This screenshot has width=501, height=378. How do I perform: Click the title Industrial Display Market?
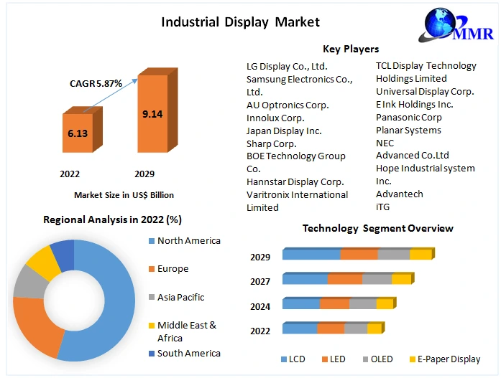pyautogui.click(x=240, y=22)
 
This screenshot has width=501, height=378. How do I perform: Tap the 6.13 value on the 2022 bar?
pyautogui.click(x=78, y=133)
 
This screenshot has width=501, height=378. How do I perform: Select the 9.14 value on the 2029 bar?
pyautogui.click(x=152, y=113)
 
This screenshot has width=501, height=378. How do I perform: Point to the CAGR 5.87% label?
pyautogui.click(x=96, y=83)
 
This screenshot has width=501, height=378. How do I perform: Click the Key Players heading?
pyautogui.click(x=351, y=49)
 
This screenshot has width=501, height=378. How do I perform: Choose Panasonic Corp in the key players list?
pyautogui.click(x=409, y=117)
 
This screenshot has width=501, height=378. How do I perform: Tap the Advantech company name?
pyautogui.click(x=400, y=194)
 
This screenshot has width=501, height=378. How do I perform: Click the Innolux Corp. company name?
pyautogui.click(x=275, y=118)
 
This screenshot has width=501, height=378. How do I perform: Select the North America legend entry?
pyautogui.click(x=188, y=241)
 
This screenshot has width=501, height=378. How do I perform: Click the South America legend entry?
pyautogui.click(x=188, y=353)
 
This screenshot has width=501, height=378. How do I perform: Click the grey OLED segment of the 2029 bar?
pyautogui.click(x=394, y=255)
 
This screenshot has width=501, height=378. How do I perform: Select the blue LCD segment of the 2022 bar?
pyautogui.click(x=300, y=329)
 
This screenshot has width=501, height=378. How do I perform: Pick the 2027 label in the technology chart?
pyautogui.click(x=260, y=281)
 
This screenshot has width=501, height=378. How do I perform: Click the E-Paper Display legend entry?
pyautogui.click(x=446, y=359)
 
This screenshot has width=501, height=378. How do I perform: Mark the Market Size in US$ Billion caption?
pyautogui.click(x=124, y=194)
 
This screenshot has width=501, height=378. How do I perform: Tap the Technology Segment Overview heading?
pyautogui.click(x=377, y=228)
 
